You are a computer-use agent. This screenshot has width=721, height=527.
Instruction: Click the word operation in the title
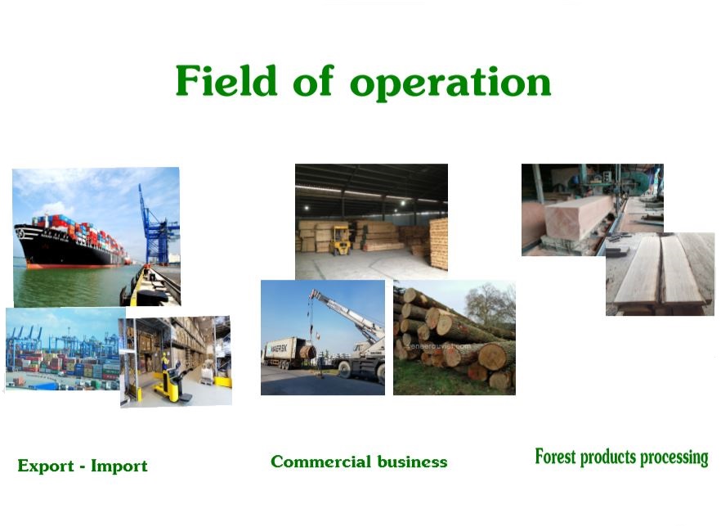tap(450, 83)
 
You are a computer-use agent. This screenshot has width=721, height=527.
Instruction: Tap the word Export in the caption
tap(46, 466)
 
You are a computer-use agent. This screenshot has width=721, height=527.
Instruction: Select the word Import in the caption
tap(119, 466)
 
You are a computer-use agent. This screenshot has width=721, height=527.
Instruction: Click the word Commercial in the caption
tap(320, 462)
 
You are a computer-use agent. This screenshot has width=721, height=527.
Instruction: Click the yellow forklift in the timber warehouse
tap(340, 240)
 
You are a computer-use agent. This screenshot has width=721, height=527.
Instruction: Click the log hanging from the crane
tap(307, 353)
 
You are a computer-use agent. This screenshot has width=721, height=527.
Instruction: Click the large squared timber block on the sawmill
tap(578, 216)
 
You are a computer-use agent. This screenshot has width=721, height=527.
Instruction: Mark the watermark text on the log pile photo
tap(439, 346)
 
